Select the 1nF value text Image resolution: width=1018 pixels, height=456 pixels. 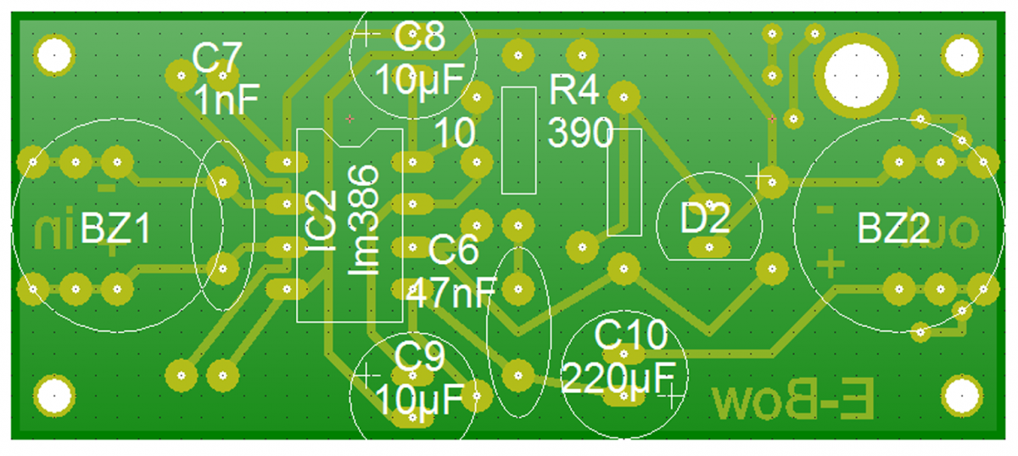227,101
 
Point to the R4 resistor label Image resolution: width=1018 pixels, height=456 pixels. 575,90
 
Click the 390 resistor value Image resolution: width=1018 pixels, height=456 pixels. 580,132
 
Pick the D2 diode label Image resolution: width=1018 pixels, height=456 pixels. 705,220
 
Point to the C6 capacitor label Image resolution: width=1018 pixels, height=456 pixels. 454,251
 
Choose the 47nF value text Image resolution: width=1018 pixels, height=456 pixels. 451,293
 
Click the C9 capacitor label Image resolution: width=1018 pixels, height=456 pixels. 419,359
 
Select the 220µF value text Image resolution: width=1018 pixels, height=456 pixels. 618,374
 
